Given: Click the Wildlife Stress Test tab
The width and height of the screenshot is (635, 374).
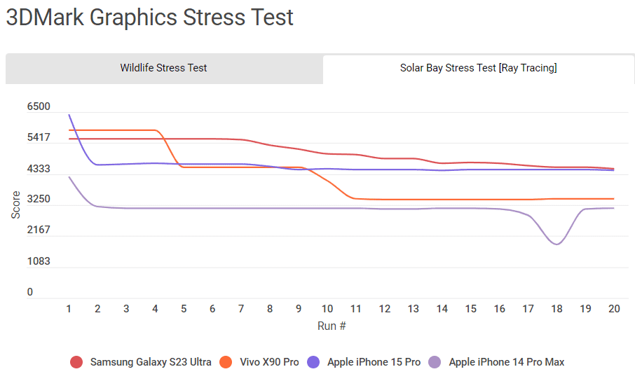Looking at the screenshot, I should tap(163, 68).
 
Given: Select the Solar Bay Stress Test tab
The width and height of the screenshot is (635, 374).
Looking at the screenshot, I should tap(478, 68).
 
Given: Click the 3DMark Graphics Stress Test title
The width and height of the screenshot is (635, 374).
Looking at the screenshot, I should tap(149, 18).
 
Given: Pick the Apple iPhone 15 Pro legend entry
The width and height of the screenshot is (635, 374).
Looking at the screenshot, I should tap(374, 362).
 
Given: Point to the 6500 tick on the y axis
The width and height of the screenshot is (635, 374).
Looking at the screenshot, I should tap(39, 106).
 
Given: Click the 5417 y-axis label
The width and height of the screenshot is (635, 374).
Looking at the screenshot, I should tap(39, 137).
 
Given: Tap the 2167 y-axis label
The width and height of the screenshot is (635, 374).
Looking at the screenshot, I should tap(39, 230).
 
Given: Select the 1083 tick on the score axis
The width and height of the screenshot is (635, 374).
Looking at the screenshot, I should tap(39, 261).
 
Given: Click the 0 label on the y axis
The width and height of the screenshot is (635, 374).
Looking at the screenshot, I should tap(30, 292).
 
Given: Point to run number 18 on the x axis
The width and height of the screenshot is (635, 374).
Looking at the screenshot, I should tap(557, 309).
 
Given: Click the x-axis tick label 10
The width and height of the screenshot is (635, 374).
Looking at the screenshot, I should tap(327, 309).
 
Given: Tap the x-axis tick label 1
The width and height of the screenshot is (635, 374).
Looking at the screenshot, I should tap(69, 309).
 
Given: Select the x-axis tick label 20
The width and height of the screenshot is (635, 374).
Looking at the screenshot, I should tap(614, 309).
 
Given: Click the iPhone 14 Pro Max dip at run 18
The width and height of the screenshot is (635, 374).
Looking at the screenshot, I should tap(557, 244).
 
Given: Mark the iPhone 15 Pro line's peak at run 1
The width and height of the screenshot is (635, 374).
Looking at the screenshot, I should tap(69, 114).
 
